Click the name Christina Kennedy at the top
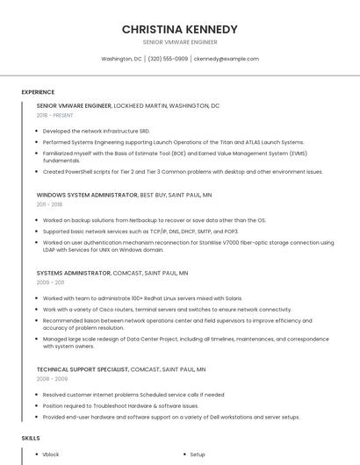click(x=179, y=29)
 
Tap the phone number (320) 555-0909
click(x=168, y=59)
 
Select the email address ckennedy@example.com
click(x=227, y=59)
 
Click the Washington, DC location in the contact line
click(x=121, y=59)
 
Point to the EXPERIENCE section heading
click(x=38, y=92)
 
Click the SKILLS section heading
click(x=31, y=437)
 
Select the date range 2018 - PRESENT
click(x=56, y=115)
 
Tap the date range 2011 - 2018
click(x=49, y=204)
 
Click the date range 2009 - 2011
click(x=50, y=283)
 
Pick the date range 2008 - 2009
click(x=51, y=379)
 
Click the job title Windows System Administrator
click(x=87, y=194)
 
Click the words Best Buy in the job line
click(x=153, y=194)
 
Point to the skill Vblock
click(x=51, y=454)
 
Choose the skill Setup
click(x=198, y=454)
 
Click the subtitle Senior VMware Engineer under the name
click(x=179, y=41)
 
